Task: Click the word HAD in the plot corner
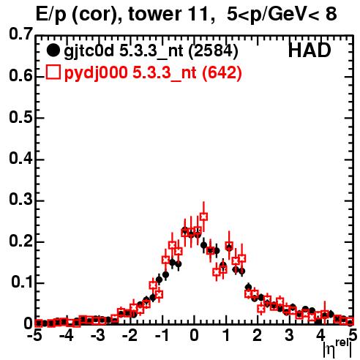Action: (x=310, y=50)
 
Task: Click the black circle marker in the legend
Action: (x=53, y=50)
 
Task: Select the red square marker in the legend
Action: (x=53, y=72)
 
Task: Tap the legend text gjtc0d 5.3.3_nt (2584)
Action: (x=151, y=51)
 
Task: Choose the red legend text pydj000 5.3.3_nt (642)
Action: (x=153, y=73)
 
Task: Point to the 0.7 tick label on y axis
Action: (x=20, y=34)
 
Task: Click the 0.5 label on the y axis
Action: (x=20, y=117)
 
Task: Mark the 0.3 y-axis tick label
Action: (x=20, y=199)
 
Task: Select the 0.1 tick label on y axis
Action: (x=22, y=282)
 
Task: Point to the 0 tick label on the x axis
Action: (x=194, y=335)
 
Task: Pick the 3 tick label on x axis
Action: (x=289, y=335)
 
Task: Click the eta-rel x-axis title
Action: (x=337, y=348)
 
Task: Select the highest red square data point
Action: (x=203, y=217)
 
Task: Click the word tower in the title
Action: (x=153, y=14)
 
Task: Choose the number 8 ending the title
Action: (x=331, y=14)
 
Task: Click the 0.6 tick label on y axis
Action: (x=20, y=75)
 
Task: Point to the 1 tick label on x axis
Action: (x=227, y=335)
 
